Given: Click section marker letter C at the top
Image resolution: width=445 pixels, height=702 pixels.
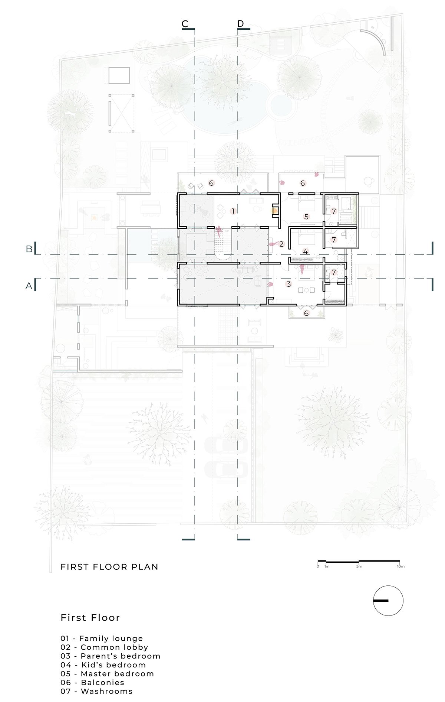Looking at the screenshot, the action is tap(185, 24).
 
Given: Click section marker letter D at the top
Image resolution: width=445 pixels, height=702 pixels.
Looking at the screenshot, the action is tap(241, 24).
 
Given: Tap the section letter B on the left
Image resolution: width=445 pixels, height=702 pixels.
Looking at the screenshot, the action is tap(29, 249).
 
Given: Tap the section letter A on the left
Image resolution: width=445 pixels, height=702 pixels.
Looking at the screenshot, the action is tap(29, 286).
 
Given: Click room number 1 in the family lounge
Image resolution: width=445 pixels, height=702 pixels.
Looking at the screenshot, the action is tap(233, 211).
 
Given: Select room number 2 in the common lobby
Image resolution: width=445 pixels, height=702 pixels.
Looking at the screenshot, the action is tap(281, 244).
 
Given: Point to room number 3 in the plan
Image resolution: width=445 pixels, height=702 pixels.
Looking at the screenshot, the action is tap(289, 284).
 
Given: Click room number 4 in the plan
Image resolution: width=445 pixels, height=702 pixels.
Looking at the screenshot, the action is tap(305, 251).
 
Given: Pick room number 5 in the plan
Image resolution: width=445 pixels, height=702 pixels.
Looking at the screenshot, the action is tap(306, 216).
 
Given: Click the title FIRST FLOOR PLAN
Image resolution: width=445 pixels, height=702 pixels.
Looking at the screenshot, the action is tap(109, 567).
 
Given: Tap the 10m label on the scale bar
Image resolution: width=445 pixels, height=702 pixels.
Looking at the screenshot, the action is tap(400, 566).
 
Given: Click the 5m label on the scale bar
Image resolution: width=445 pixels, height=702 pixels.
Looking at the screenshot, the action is tap(359, 566).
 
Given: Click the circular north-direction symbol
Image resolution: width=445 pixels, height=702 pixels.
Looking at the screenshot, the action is tap(388, 601).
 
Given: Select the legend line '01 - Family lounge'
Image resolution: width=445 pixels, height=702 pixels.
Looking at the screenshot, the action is tap(102, 638).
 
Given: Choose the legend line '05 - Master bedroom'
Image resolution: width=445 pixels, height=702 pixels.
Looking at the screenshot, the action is tap(107, 673).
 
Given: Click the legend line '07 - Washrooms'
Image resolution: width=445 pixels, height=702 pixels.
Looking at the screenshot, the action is tap(96, 691).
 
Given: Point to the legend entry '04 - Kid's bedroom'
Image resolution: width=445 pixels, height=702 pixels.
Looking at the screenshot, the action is tap(103, 665).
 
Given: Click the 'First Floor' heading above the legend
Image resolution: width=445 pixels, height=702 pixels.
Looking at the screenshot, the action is tap(90, 618).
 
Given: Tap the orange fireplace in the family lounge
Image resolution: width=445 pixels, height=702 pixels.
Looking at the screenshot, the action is tap(275, 211).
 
